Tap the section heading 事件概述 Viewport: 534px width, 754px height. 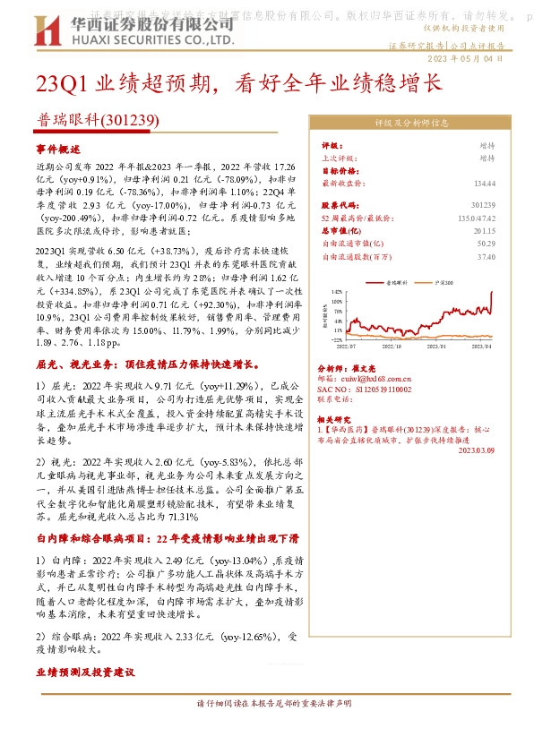pyautogui.click(x=58, y=149)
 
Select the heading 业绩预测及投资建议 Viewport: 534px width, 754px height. pyautogui.click(x=85, y=671)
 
